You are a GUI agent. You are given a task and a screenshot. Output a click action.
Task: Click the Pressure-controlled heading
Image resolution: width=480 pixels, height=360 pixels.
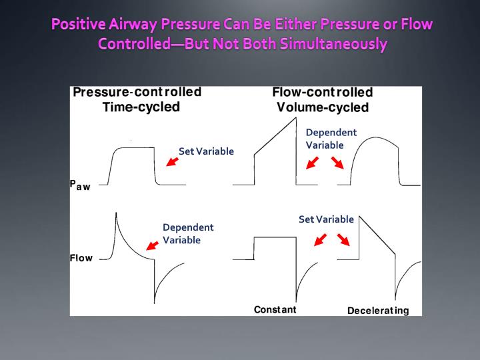click(x=137, y=92)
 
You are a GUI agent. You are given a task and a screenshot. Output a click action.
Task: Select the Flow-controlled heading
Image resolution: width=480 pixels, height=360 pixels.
click(x=322, y=92)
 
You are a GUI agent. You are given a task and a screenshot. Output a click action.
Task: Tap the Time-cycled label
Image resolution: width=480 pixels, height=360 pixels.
click(x=136, y=107)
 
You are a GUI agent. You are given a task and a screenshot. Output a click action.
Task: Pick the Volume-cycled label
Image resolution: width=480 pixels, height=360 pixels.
click(x=323, y=107)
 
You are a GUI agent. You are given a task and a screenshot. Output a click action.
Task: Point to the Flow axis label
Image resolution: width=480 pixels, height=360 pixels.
click(x=81, y=258)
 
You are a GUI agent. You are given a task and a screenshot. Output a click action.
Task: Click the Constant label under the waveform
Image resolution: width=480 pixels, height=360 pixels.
click(x=275, y=310)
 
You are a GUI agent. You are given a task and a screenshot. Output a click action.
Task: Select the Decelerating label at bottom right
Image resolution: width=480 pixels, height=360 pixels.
click(x=378, y=311)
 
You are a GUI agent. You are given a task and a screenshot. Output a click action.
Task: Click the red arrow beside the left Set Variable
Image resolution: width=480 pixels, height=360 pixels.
click(x=172, y=161)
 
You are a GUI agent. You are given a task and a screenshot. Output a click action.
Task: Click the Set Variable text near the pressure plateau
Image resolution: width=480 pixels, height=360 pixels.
click(x=206, y=151)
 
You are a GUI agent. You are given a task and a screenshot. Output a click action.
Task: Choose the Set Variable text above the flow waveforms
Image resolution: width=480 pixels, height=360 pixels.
click(x=326, y=219)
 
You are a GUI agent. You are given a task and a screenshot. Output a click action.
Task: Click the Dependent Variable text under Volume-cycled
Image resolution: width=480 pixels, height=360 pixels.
click(x=331, y=138)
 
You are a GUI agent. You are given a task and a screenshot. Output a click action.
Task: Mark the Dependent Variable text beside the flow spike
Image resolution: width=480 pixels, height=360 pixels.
click(x=188, y=233)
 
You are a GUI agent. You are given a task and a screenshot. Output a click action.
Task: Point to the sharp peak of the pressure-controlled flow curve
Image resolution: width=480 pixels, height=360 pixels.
click(x=117, y=213)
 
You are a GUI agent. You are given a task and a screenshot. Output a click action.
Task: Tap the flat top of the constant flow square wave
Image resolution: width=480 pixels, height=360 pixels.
click(x=275, y=237)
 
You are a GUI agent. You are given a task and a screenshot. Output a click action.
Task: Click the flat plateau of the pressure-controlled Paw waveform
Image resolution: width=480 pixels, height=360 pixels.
click(x=137, y=148)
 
